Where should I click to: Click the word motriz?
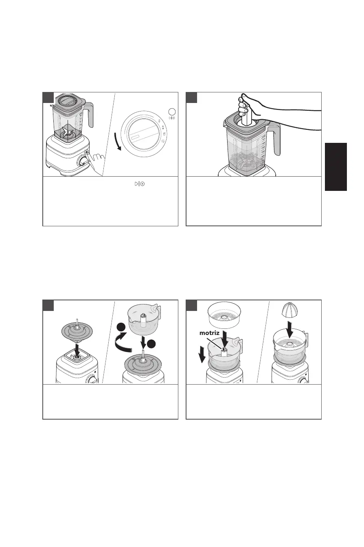pos(209,333)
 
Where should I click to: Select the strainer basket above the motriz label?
pos(224,315)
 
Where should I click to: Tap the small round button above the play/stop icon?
pos(172,112)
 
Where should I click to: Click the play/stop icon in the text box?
pos(140,184)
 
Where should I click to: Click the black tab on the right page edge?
pos(335,167)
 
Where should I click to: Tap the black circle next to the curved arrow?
pos(121,327)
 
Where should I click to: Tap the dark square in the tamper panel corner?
pos(191,98)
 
